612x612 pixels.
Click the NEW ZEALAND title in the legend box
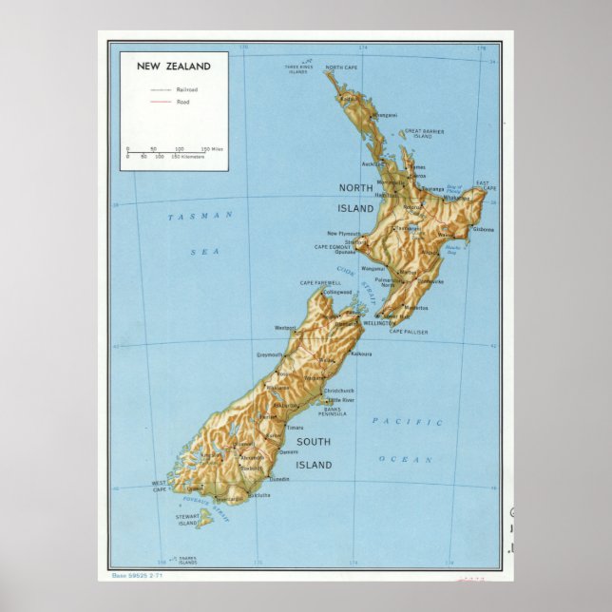pos(174,67)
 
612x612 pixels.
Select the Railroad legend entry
pos(186,88)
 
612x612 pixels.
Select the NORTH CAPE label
pos(342,67)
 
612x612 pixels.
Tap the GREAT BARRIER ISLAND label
pos(425,133)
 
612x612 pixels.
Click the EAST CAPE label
pos(486,186)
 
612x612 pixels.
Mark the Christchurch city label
pos(338,391)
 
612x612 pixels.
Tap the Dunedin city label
pos(279,479)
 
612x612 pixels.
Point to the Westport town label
pos(285,328)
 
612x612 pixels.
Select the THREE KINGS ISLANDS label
pos(298,68)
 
